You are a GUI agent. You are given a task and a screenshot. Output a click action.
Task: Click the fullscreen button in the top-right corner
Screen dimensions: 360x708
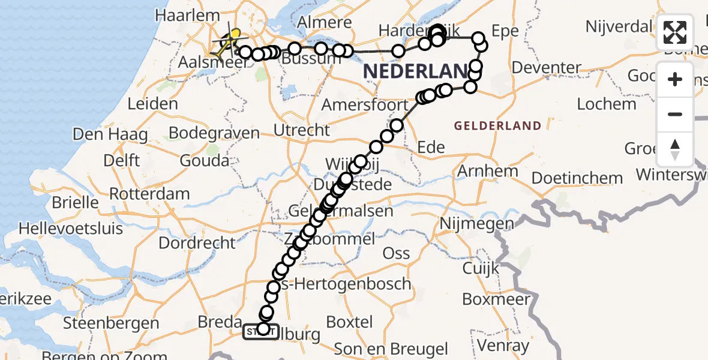tap(675, 32)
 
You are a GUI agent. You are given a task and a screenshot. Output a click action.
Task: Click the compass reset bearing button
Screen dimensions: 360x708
tap(675, 149)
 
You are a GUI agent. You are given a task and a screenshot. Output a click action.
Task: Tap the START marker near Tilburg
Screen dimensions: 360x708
tap(260, 331)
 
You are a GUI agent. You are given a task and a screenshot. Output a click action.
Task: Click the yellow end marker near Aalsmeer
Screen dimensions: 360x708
tap(236, 34)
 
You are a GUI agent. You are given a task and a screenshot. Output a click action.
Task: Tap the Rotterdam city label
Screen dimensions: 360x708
tap(149, 194)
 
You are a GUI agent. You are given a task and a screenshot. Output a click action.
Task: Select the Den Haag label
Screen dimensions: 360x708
tap(110, 134)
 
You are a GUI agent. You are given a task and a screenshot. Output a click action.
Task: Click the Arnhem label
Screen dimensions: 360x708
tap(487, 171)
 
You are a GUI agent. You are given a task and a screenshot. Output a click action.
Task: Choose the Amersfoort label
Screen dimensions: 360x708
tap(364, 105)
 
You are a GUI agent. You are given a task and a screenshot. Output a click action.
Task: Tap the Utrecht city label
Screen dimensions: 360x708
tap(301, 130)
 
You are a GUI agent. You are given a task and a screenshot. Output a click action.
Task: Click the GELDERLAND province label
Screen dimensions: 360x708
tap(497, 126)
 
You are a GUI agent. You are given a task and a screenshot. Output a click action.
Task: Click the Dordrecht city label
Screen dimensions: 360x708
tap(197, 243)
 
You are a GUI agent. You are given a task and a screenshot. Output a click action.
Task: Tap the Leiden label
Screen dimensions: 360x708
tap(152, 104)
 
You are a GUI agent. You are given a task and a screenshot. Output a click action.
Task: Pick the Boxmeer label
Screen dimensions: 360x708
tap(496, 299)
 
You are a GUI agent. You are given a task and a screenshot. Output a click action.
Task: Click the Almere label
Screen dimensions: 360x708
tap(323, 23)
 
